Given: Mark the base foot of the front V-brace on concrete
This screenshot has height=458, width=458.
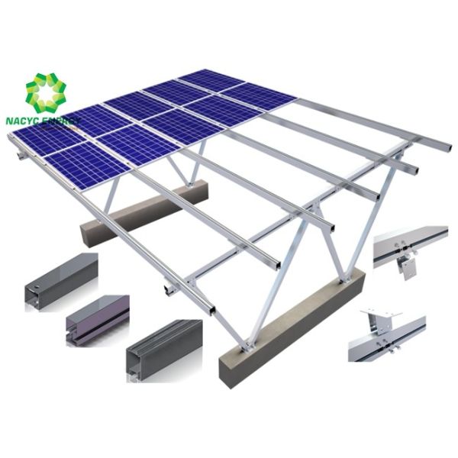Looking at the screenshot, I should click(246, 348).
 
